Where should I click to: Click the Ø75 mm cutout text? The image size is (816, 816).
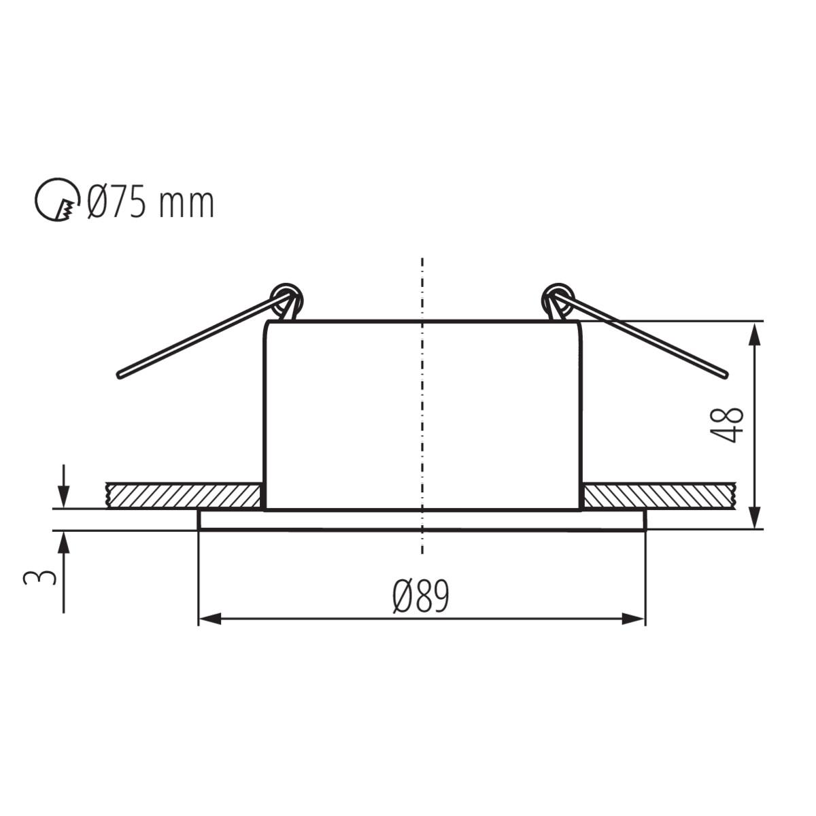152,203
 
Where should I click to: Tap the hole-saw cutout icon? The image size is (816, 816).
55,202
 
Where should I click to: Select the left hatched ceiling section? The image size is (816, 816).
184,496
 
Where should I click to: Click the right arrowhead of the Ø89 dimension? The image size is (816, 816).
634,619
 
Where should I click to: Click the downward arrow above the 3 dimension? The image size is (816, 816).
63,496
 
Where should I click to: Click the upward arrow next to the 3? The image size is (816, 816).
63,542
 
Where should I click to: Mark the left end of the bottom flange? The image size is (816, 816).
199,520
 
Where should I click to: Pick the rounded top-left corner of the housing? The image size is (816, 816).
267,324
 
